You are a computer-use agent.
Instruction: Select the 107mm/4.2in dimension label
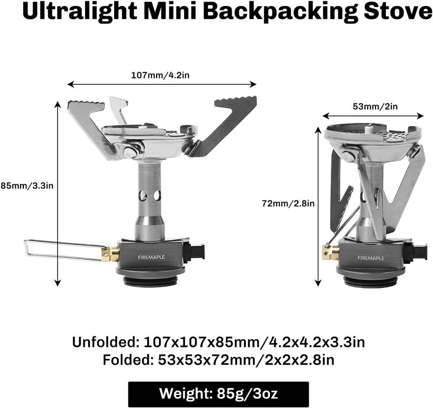[x=160, y=75]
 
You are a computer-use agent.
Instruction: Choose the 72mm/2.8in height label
[x=287, y=203]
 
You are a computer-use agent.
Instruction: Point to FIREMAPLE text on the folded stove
[x=370, y=258]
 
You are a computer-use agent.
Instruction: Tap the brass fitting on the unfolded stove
[x=110, y=253]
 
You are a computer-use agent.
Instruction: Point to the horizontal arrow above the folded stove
[x=373, y=115]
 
